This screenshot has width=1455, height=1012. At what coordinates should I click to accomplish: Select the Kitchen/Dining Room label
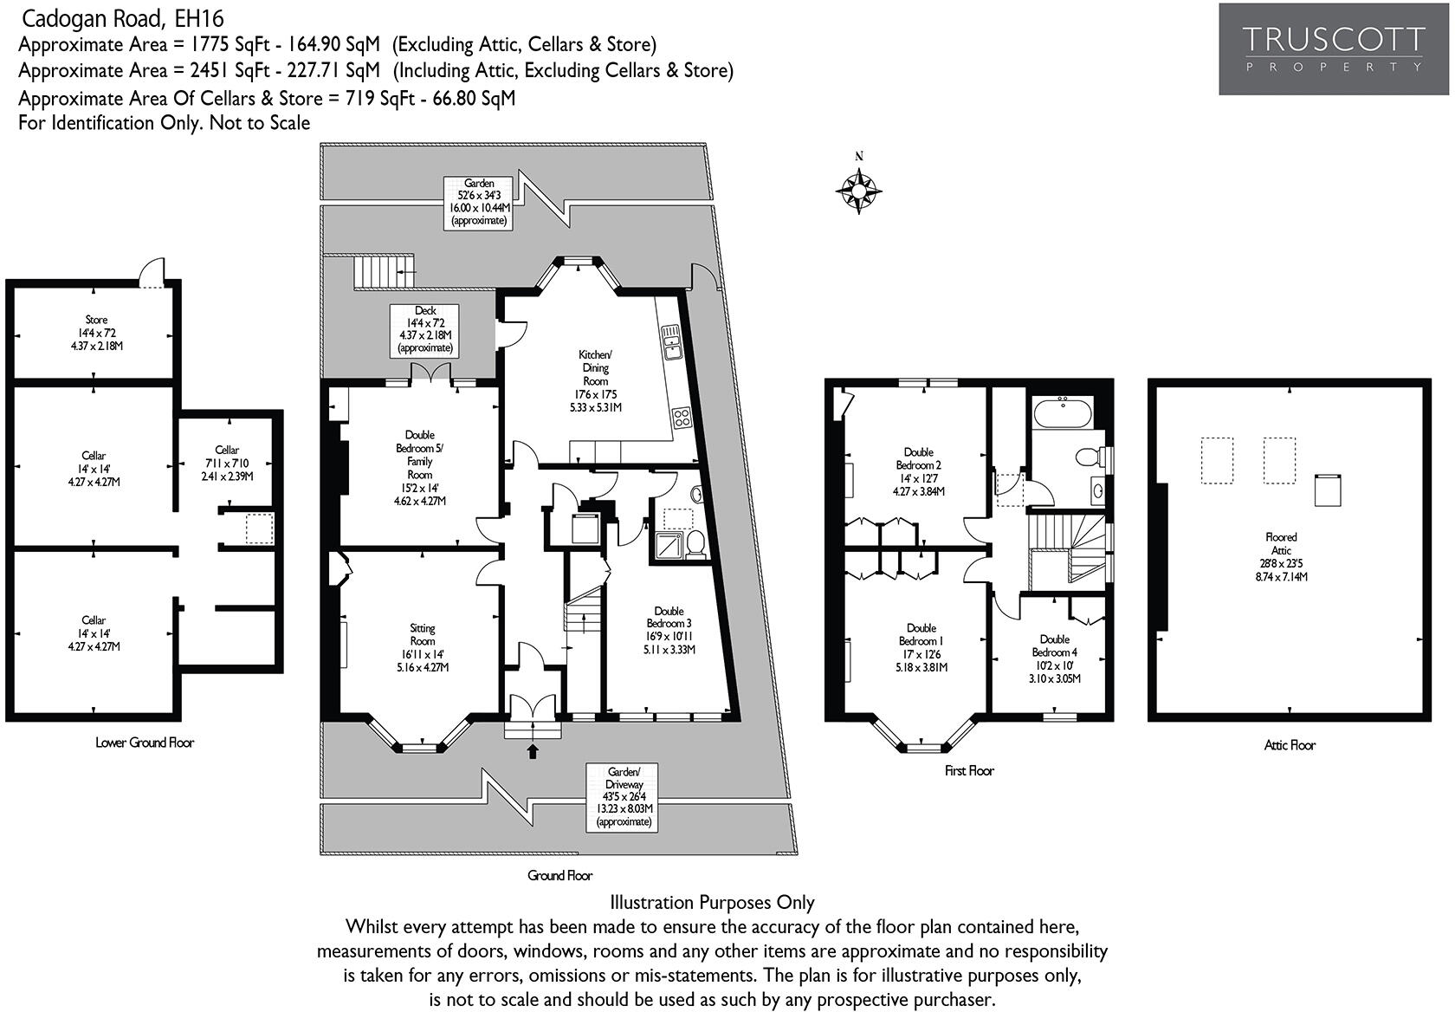[x=596, y=381]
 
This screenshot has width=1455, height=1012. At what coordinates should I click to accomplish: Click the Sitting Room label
[x=423, y=647]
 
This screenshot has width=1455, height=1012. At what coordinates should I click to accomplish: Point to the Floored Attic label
[x=1281, y=556]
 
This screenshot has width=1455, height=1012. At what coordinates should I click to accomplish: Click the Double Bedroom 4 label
[x=1054, y=658]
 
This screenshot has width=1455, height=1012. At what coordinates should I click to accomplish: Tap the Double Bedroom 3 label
[x=669, y=630]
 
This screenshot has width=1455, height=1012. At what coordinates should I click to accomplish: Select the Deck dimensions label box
[x=424, y=330]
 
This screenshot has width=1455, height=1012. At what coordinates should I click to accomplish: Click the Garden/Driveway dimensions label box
[x=623, y=797]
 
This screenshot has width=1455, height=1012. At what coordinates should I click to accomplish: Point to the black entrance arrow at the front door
[x=533, y=751]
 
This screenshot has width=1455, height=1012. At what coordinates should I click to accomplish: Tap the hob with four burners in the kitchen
[x=682, y=417]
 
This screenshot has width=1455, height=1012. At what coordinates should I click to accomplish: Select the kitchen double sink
[x=670, y=342]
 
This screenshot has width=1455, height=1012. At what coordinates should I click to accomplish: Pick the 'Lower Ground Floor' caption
[x=144, y=743]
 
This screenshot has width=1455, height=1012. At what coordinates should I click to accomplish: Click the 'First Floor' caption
[x=969, y=770]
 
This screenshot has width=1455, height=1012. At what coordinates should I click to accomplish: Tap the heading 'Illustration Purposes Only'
[x=712, y=902]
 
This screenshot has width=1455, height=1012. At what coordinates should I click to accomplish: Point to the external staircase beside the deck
[x=384, y=272]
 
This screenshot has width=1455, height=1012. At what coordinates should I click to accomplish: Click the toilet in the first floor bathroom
[x=1090, y=457]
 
